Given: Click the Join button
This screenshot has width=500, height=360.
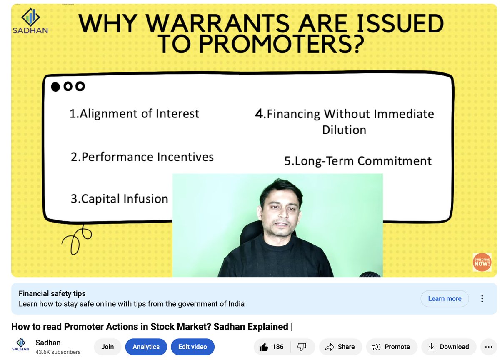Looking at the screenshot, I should coord(107,347).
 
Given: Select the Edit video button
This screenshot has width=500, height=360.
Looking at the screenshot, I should coord(192,347).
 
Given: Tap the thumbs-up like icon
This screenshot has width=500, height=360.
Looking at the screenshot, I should coord(264,347).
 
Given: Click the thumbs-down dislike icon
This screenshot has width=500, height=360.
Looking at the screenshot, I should coord(302,347).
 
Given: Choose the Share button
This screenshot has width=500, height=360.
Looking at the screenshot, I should coord(340,347).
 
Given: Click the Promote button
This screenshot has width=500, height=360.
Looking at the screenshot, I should coord(391,347).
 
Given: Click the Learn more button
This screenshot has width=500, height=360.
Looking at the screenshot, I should coord(445,298).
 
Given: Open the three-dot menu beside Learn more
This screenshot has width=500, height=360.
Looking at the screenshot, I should coord(482,298).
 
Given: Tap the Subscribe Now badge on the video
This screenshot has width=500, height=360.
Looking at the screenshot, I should coord(482,262).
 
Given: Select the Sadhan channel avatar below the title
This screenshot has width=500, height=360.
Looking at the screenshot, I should coord(20,347).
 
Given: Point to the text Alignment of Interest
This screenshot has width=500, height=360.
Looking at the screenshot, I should coord(134,114).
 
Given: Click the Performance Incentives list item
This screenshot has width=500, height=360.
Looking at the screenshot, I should coord(142,157).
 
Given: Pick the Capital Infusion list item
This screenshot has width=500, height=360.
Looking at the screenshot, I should coord(119,199).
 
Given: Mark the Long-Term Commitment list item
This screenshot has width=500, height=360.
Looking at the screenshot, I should coord(358,161).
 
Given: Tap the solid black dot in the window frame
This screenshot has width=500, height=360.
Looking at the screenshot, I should coord(55,87).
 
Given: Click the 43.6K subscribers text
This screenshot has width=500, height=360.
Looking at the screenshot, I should coord(58,352).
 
